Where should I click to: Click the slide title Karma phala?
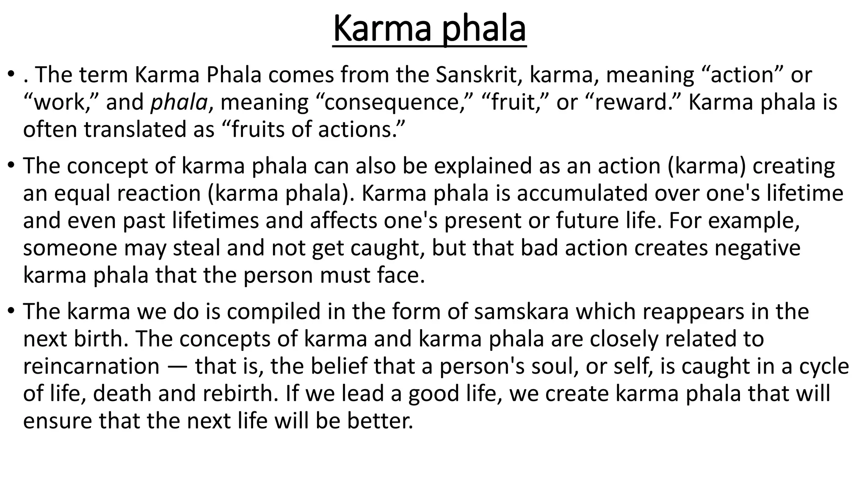(429, 29)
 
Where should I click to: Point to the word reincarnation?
(91, 366)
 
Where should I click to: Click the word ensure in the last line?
(57, 421)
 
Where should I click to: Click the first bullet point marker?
(11, 75)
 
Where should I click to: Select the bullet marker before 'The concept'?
(11, 166)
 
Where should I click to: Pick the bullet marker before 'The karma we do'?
(11, 312)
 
